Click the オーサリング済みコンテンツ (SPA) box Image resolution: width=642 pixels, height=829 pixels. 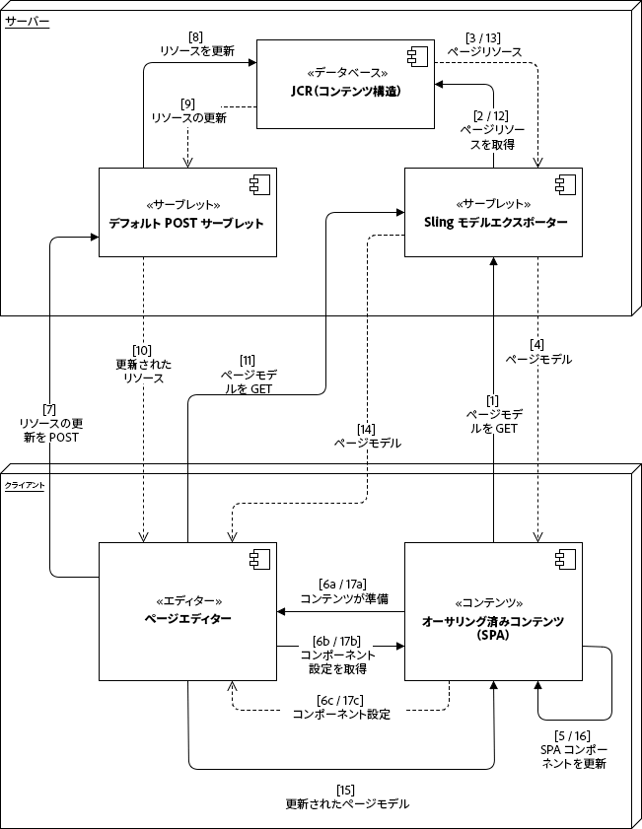click(x=493, y=610)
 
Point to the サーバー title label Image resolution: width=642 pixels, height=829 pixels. click(x=28, y=21)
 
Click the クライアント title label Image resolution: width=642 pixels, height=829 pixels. click(x=25, y=486)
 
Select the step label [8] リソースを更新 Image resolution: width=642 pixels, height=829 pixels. click(x=196, y=44)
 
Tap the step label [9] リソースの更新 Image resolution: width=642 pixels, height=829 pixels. click(x=188, y=110)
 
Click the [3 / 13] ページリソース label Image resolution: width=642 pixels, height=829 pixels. click(x=484, y=44)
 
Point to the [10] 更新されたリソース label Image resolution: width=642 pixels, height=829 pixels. click(x=143, y=364)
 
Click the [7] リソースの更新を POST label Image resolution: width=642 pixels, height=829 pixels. click(x=48, y=423)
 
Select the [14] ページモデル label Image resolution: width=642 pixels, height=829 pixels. click(x=366, y=437)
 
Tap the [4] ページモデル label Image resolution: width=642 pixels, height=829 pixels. click(x=537, y=352)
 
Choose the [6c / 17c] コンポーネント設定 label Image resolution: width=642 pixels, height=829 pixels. click(x=341, y=708)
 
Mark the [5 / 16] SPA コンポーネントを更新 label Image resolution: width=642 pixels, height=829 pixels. click(x=573, y=749)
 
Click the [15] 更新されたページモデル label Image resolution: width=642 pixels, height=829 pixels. click(x=346, y=796)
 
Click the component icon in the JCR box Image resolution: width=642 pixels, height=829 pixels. click(x=413, y=55)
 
